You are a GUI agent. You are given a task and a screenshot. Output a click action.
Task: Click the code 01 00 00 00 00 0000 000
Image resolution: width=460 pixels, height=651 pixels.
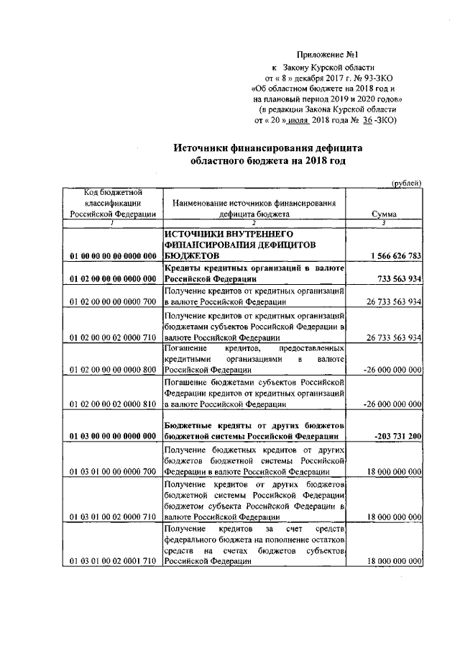click(114, 256)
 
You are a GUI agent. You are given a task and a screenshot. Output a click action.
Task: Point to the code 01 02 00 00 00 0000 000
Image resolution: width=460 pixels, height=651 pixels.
click(114, 279)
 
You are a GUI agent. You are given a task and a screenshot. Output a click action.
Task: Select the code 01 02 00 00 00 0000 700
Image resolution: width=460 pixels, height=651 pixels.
click(114, 302)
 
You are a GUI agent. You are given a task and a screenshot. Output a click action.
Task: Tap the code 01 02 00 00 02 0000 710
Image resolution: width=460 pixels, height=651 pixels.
click(114, 337)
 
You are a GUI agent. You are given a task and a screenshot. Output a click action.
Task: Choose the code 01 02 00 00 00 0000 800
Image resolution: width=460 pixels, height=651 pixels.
click(114, 370)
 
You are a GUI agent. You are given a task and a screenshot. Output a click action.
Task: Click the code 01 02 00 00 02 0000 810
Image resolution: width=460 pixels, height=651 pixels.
click(114, 405)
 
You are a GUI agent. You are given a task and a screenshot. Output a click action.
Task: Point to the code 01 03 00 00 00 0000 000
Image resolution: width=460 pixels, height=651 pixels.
click(114, 437)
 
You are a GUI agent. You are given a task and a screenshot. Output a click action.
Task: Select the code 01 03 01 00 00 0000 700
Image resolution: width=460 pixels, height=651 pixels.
click(114, 472)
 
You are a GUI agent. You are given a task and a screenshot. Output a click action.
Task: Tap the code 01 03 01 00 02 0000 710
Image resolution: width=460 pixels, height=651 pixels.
click(114, 516)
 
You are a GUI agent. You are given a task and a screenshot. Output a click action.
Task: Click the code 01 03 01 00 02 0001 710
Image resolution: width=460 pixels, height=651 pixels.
click(114, 561)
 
